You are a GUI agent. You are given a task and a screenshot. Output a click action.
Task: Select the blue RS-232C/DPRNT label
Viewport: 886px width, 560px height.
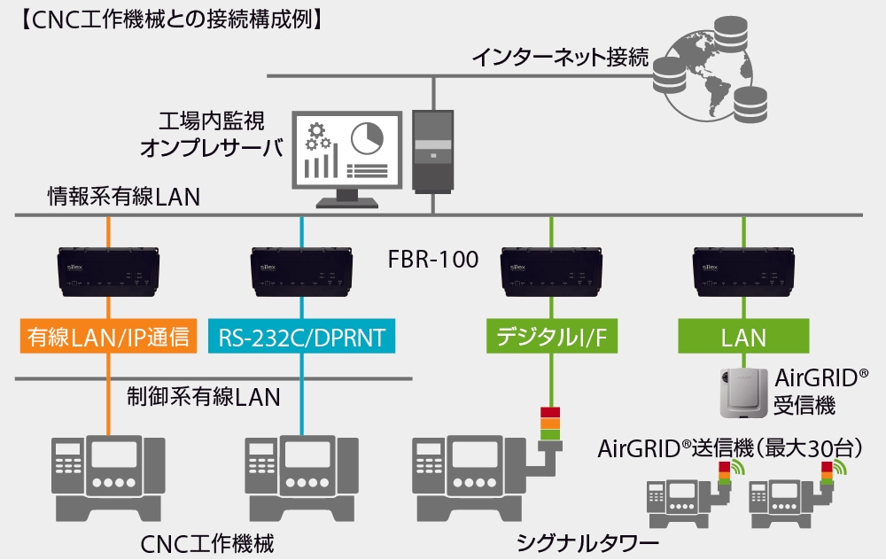tap(301, 338)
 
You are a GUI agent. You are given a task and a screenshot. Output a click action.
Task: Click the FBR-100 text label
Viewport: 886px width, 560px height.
tap(433, 261)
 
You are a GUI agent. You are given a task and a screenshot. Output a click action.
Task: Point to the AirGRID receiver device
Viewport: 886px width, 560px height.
tap(742, 392)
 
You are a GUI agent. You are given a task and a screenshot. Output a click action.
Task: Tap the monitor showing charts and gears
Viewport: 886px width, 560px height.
tap(346, 155)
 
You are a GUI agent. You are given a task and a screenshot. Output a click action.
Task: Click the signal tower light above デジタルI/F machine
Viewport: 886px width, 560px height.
tap(550, 423)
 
